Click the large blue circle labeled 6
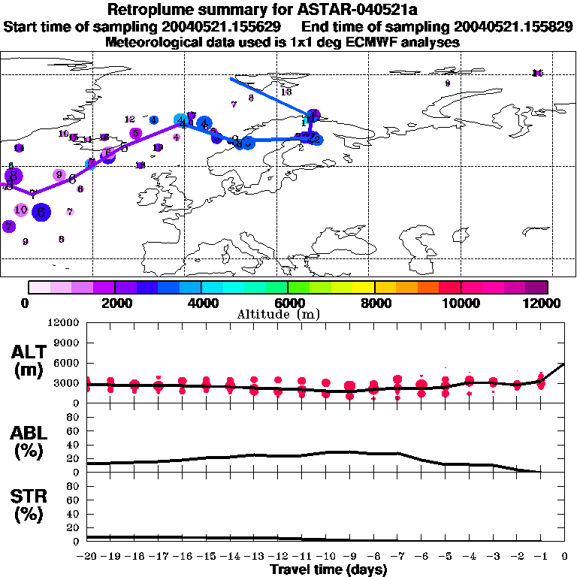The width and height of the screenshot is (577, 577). click(41, 213)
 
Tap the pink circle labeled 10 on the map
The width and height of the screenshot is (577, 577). click(21, 210)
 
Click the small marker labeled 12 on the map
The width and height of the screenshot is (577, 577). click(130, 119)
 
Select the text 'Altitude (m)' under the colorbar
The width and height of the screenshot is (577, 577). click(288, 314)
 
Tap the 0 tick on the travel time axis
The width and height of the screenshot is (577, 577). click(564, 556)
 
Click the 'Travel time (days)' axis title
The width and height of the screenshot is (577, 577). click(328, 570)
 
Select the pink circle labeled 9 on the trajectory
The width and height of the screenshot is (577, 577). click(59, 175)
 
